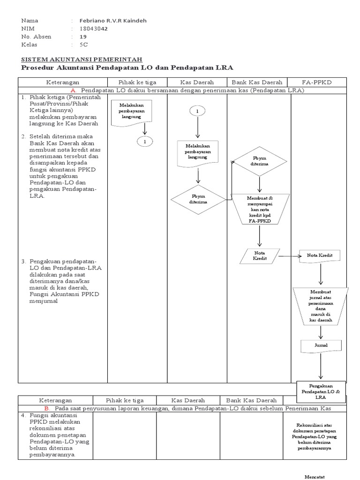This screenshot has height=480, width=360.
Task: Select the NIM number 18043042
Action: click(x=94, y=29)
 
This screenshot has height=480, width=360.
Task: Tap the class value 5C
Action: click(x=84, y=45)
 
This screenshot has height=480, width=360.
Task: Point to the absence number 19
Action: click(x=83, y=37)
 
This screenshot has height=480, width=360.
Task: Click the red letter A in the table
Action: click(x=73, y=90)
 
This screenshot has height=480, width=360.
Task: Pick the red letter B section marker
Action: click(x=73, y=408)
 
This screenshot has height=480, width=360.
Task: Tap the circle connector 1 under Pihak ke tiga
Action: click(x=145, y=141)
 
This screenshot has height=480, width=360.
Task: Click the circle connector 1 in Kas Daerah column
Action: click(x=197, y=111)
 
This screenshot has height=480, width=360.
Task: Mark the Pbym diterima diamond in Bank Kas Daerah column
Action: click(x=259, y=162)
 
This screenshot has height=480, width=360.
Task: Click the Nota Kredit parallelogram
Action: click(x=259, y=256)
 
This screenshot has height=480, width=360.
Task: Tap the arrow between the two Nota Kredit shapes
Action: click(x=290, y=256)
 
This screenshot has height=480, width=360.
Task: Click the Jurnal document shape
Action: click(x=321, y=346)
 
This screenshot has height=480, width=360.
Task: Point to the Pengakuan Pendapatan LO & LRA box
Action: click(x=321, y=391)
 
